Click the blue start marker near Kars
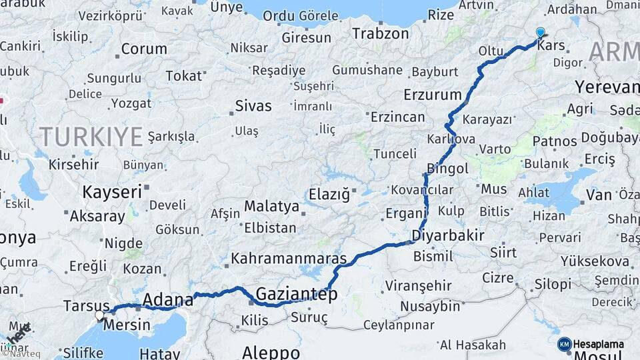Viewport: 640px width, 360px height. [x=540, y=32]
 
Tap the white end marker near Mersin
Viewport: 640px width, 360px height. [x=100, y=315]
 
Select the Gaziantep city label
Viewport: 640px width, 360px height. [x=297, y=294]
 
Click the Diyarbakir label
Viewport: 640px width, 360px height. [x=447, y=235]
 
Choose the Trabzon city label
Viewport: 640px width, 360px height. [x=380, y=33]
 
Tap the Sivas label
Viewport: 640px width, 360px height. [x=253, y=106]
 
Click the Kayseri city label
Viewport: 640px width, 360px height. [x=112, y=192]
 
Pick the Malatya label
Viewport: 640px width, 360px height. [x=271, y=206]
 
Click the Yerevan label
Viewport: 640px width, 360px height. [x=607, y=88]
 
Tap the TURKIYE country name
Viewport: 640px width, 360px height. [x=91, y=137]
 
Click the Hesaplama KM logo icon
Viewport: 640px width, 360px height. [x=565, y=344]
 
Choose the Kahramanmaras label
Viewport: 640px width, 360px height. [x=289, y=259]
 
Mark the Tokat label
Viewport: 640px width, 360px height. [x=183, y=76]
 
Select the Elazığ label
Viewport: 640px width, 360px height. [x=329, y=195]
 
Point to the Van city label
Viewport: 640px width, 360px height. [x=599, y=195]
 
